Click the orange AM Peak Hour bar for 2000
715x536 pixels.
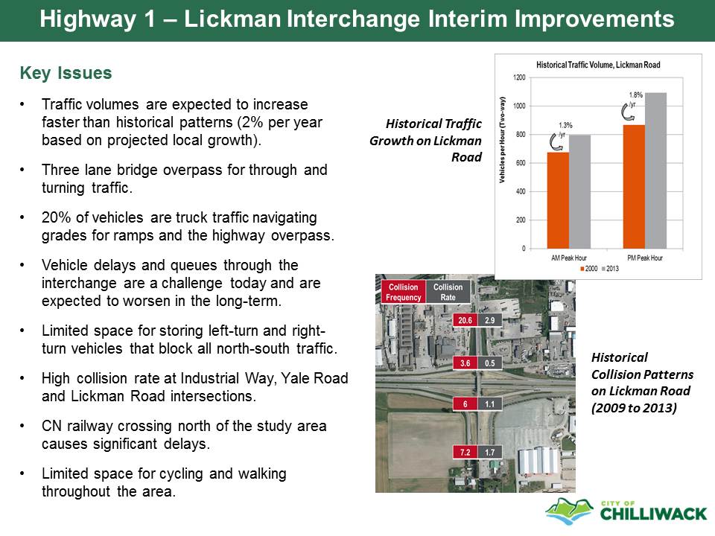coord(558,200)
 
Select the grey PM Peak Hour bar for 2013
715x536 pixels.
coord(655,171)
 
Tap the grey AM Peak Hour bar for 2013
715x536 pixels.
coord(579,192)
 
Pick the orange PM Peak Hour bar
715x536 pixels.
coord(634,187)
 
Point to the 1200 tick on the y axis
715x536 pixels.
coord(519,77)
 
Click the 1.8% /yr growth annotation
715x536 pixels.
coord(635,99)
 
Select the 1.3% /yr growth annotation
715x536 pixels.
coord(565,130)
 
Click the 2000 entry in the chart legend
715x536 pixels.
coord(588,269)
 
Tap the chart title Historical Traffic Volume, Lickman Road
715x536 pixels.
coord(598,65)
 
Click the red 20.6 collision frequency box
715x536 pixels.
coord(465,320)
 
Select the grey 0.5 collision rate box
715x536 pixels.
coord(490,363)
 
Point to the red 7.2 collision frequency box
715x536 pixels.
coord(465,452)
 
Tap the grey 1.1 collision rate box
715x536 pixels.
coord(490,403)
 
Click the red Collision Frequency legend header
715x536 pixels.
coord(403,292)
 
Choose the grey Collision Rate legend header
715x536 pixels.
coord(448,292)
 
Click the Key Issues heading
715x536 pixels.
coord(66,73)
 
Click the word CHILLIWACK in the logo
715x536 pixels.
coord(653,514)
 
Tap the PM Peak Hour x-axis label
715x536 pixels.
coord(645,258)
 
